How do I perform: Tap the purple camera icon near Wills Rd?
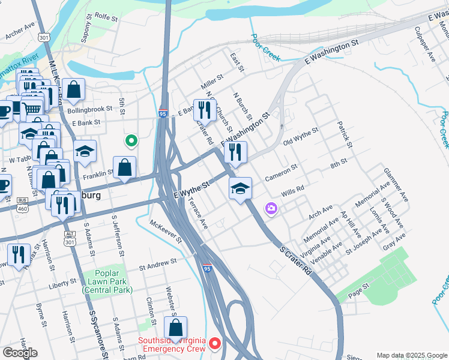pos(271,208)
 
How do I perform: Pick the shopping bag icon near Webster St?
pos(175,328)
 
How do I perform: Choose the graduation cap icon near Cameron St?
pos(240,189)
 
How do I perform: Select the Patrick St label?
pos(344,130)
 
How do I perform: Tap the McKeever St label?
pos(167,231)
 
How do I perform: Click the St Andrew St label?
pos(158,262)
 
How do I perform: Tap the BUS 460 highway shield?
pos(23,203)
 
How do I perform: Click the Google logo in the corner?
pos(19,353)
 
